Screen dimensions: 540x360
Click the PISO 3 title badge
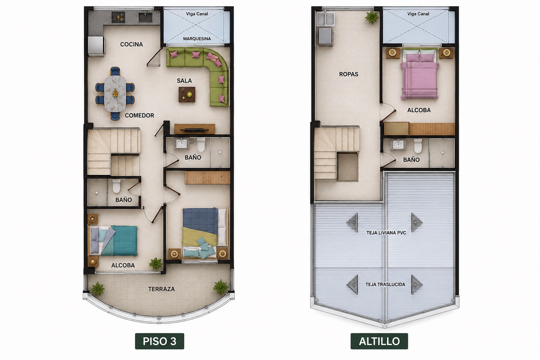[160, 341]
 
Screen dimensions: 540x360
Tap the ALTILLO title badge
[379, 341]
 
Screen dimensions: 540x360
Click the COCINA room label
[131, 44]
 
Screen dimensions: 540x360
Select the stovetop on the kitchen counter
[118, 17]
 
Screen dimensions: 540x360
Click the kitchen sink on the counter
[145, 17]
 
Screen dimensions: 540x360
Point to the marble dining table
[115, 93]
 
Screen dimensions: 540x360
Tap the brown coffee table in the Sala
[187, 95]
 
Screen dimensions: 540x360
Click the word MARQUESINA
[197, 39]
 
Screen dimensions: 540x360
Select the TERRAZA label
[161, 289]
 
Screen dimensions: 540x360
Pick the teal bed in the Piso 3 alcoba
[113, 240]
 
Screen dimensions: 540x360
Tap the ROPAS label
[349, 74]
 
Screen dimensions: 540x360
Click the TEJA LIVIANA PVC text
[386, 233]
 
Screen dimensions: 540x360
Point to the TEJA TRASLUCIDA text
[385, 284]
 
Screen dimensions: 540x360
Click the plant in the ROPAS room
[372, 17]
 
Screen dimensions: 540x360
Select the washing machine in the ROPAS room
[326, 37]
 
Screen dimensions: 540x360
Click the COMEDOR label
[139, 116]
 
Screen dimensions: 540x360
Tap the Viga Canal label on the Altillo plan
[418, 14]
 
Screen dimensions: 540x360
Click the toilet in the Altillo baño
[418, 146]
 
